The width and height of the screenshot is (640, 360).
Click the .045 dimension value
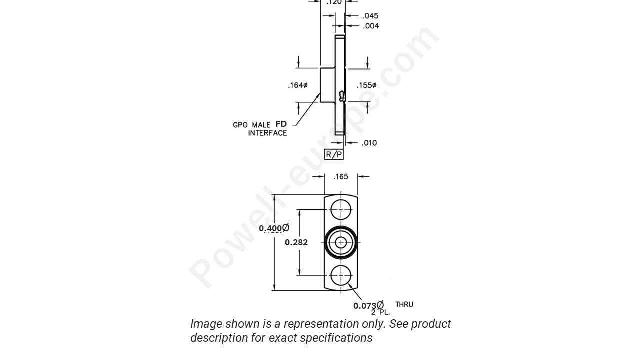pos(370,16)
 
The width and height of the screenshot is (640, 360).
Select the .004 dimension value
pos(370,26)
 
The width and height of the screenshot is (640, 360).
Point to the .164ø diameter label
pos(297,85)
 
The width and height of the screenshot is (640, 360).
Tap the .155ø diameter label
pos(366,85)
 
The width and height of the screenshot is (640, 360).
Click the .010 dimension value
pos(369,143)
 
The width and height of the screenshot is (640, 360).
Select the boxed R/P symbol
pos(334,154)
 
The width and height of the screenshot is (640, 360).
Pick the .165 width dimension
pos(341,176)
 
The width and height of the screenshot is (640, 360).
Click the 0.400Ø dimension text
pos(274,228)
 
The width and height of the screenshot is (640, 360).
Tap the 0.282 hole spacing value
pos(296,242)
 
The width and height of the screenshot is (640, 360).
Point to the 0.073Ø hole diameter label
pos(368,306)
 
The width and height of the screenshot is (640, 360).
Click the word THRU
pos(404,304)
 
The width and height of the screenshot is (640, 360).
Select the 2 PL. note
pos(380,312)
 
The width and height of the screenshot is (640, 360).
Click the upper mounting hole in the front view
pos(341,209)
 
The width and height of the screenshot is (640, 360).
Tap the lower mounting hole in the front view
pos(341,275)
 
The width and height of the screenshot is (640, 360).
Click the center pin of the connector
pos(341,243)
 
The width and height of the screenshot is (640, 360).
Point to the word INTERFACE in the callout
pos(267,133)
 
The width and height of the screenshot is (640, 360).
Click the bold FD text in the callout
pos(281,124)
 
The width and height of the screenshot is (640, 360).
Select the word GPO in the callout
pos(240,125)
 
